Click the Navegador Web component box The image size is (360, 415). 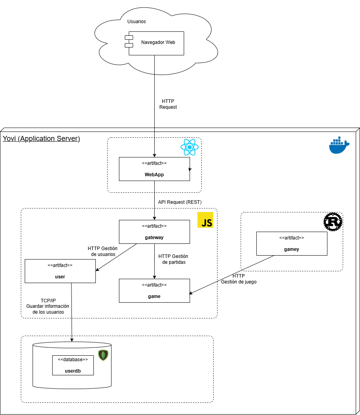156,43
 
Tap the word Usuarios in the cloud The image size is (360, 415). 137,22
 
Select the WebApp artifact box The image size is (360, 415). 154,169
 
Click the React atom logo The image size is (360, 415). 189,147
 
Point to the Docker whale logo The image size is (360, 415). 339,146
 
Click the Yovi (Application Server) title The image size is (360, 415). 41,139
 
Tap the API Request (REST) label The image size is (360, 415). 179,202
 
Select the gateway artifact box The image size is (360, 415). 154,232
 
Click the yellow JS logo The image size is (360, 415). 205,220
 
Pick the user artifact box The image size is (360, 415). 60,271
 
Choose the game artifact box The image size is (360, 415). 154,291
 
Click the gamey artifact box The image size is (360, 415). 291,243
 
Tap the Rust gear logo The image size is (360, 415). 333,222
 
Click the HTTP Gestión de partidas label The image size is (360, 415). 173,259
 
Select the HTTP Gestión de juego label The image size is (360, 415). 239,279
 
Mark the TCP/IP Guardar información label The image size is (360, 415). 48,306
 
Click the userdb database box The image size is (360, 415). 73,365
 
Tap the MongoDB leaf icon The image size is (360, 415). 103,355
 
